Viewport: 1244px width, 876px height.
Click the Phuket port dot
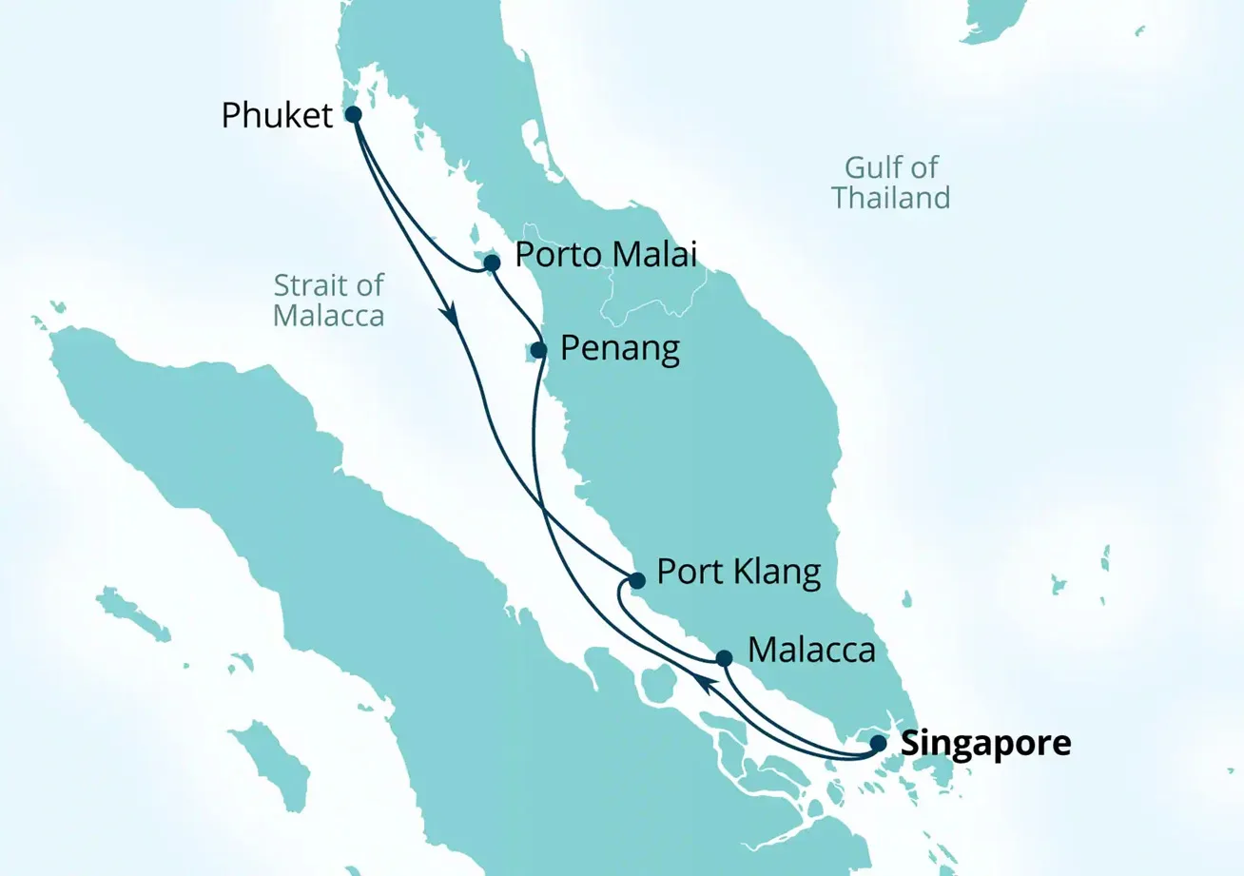[353, 114]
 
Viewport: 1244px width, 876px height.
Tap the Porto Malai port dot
[492, 262]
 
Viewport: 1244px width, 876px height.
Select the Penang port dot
[538, 350]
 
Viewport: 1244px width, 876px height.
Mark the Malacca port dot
[724, 658]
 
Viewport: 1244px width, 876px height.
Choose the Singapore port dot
[880, 744]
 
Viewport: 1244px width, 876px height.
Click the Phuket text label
[277, 116]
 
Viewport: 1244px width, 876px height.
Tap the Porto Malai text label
[606, 255]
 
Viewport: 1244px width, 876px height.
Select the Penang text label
[620, 350]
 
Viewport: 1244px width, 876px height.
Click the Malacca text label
[811, 652]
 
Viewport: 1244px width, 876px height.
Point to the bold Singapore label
[985, 744]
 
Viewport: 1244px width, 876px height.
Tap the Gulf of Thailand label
[890, 183]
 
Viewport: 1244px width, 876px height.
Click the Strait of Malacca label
[328, 300]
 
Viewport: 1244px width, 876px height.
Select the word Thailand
[890, 198]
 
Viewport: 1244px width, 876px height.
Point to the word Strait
[307, 284]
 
